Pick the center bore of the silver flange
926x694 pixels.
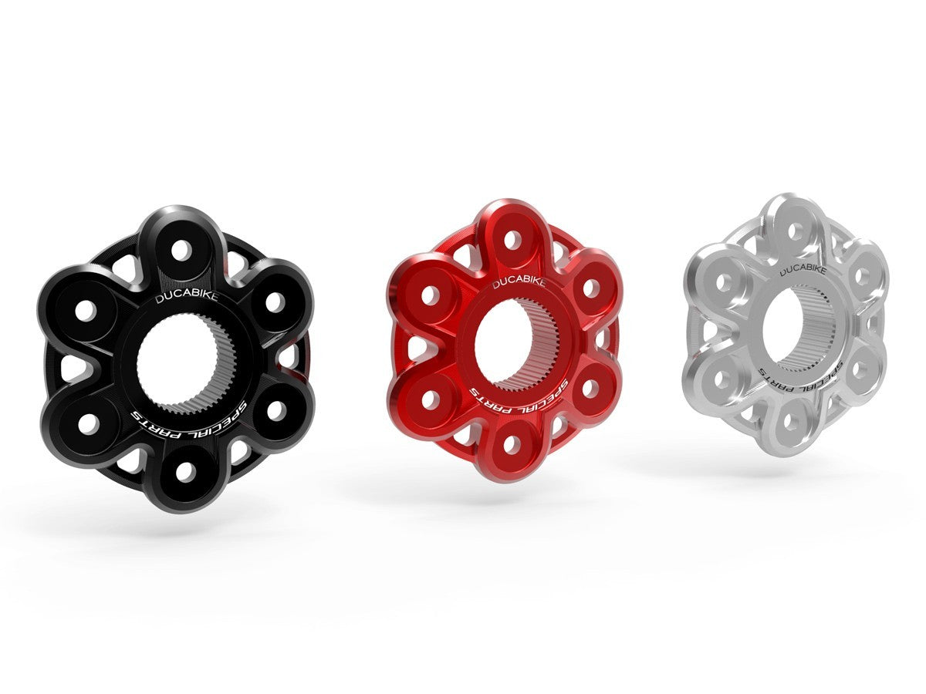click(x=793, y=327)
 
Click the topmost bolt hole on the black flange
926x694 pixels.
click(x=181, y=251)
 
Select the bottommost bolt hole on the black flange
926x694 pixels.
click(x=184, y=472)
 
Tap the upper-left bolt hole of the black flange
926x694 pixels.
click(x=86, y=310)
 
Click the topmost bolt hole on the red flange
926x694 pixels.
click(x=511, y=238)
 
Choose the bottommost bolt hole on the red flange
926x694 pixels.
click(x=510, y=444)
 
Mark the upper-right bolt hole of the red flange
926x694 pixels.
click(x=590, y=288)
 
